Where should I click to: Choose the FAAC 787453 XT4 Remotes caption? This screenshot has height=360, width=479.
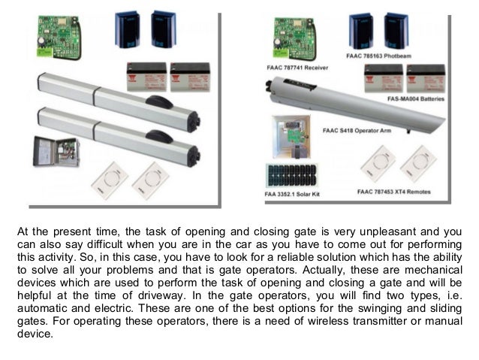(x=396, y=193)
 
